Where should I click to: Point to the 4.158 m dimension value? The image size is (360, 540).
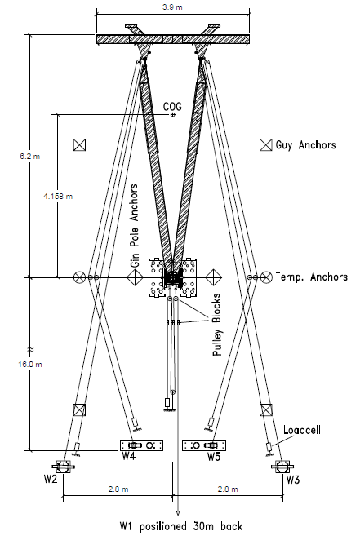56,196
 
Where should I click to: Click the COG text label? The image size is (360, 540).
172,106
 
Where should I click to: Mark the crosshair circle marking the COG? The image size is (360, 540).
173,116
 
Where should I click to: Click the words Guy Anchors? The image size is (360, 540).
306,145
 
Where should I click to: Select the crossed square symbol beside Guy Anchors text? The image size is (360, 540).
265,145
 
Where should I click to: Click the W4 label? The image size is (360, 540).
129,457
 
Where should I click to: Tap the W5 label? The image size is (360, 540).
215,457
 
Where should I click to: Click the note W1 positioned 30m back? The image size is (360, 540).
178,526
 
